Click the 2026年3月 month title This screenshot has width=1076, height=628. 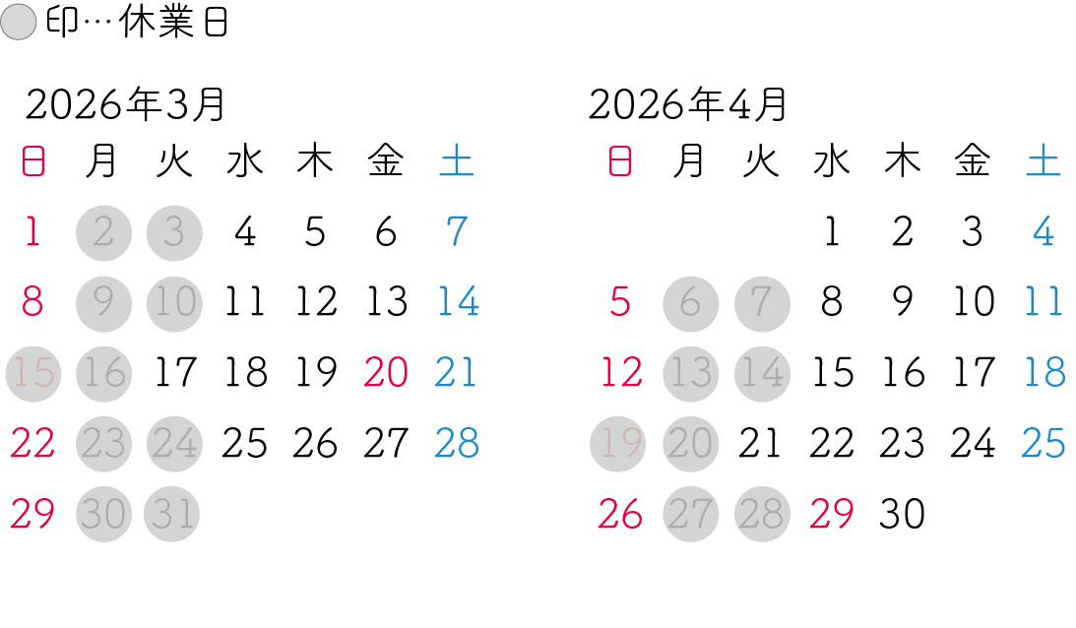(125, 104)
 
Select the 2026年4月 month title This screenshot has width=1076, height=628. (688, 104)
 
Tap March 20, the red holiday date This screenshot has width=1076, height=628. (386, 373)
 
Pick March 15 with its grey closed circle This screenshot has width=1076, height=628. (32, 373)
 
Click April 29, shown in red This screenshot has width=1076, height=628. (831, 514)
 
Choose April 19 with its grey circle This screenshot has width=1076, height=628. (619, 444)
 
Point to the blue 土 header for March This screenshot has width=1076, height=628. (457, 162)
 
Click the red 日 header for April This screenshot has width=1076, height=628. (619, 162)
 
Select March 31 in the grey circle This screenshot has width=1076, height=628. (173, 514)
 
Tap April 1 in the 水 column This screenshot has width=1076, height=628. (831, 232)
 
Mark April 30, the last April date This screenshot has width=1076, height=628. (902, 514)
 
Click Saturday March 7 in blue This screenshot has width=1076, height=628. (457, 232)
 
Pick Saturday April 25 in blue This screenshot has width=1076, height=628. (1044, 444)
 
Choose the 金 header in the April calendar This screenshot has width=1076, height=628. (973, 162)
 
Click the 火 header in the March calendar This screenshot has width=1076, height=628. (174, 162)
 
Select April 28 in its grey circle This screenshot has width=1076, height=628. (761, 514)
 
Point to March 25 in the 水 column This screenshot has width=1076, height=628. (244, 444)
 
